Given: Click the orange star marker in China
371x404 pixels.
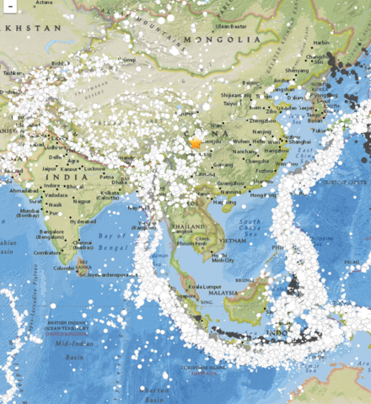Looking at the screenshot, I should [x=196, y=144].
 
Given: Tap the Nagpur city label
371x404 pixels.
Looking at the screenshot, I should [x=82, y=201].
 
